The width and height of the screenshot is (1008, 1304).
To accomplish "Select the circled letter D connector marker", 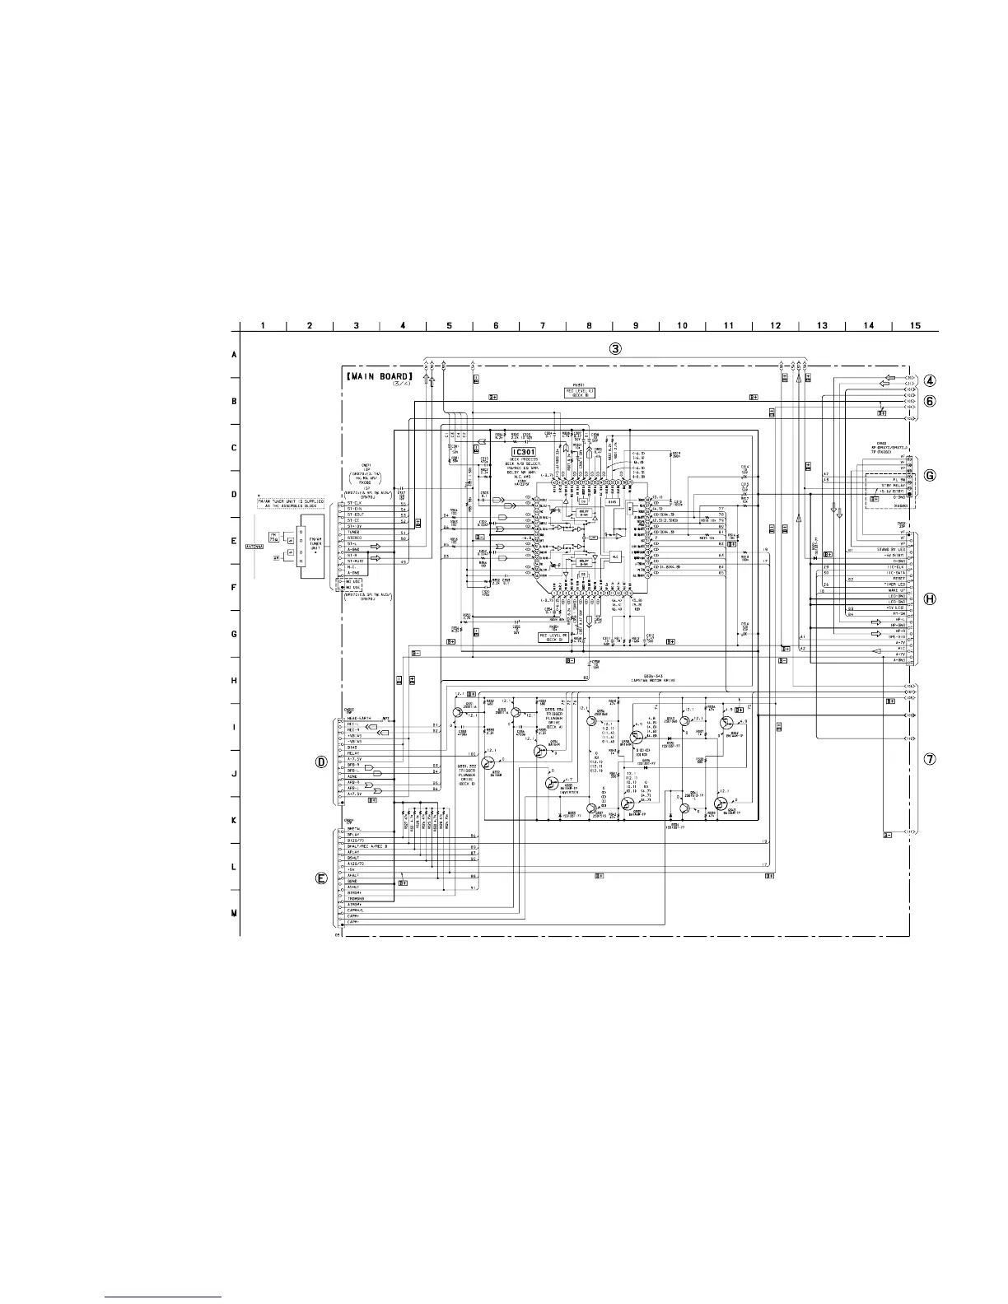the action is click(x=322, y=762).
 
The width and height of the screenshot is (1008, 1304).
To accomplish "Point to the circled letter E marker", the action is click(x=322, y=878).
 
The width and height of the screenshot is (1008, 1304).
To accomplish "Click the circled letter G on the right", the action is click(x=931, y=475).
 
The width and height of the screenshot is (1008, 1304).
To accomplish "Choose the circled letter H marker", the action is click(x=931, y=599).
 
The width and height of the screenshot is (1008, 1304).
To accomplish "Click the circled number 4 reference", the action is click(x=931, y=381).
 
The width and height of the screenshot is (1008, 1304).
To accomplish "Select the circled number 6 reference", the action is click(x=931, y=401).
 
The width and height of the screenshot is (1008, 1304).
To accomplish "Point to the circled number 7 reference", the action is click(x=931, y=759).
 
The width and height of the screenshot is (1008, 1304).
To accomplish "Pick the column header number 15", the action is click(x=916, y=325).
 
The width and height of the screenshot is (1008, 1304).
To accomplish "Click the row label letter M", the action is click(x=234, y=913).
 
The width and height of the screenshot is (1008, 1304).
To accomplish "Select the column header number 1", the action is click(x=263, y=325).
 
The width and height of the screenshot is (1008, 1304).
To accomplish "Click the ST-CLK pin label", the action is click(x=354, y=503).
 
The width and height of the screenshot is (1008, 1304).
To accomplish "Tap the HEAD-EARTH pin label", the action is click(x=361, y=718).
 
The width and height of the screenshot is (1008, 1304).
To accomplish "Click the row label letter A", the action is click(x=234, y=355).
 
